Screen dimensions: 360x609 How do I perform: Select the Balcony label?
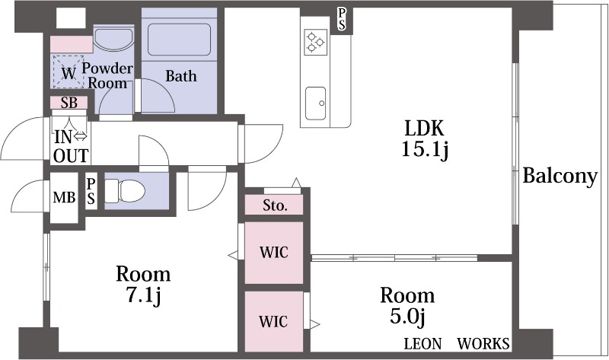(560, 177)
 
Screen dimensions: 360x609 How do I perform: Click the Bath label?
(181, 76)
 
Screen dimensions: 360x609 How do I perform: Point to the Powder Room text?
(107, 75)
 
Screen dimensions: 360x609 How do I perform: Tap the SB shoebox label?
(69, 103)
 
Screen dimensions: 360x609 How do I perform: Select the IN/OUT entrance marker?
(71, 146)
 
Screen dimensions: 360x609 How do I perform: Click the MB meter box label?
(64, 199)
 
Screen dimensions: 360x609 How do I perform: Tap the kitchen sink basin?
(315, 99)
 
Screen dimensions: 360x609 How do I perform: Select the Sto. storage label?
(274, 205)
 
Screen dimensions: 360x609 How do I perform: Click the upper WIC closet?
(273, 253)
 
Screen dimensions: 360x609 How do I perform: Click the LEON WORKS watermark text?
(457, 343)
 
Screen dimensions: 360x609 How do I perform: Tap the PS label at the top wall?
(342, 20)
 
